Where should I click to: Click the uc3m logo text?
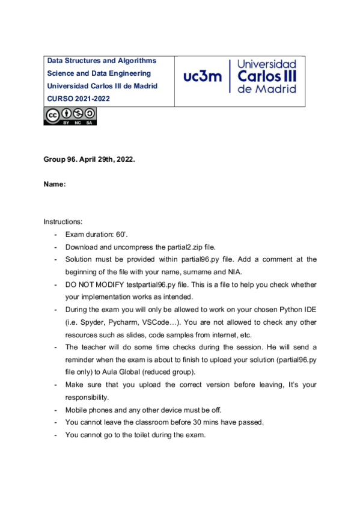point(202,76)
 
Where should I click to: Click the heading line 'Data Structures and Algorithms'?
point(102,61)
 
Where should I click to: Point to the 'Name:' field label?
point(54,185)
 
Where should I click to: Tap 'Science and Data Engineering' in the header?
point(99,73)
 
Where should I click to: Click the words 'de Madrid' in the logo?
point(267,88)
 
